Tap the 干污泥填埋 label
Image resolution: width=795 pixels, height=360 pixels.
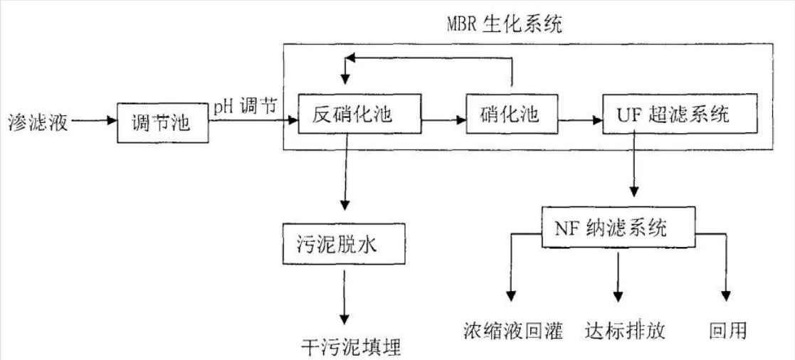point(352,346)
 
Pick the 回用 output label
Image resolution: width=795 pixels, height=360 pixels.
point(727,331)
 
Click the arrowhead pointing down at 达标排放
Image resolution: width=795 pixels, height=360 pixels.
point(618,294)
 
